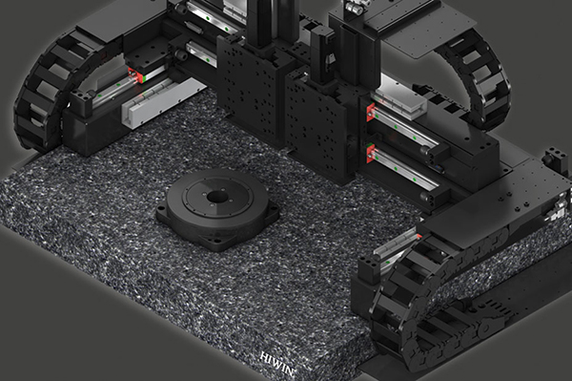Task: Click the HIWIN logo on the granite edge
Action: pyautogui.click(x=277, y=364)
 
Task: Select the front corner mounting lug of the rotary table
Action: pyautogui.click(x=216, y=243)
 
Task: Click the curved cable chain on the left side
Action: pyautogui.click(x=40, y=92)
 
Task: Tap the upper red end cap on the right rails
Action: pyautogui.click(x=371, y=112)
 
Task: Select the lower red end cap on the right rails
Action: pyautogui.click(x=371, y=153)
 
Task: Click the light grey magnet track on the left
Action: pyautogui.click(x=164, y=102)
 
